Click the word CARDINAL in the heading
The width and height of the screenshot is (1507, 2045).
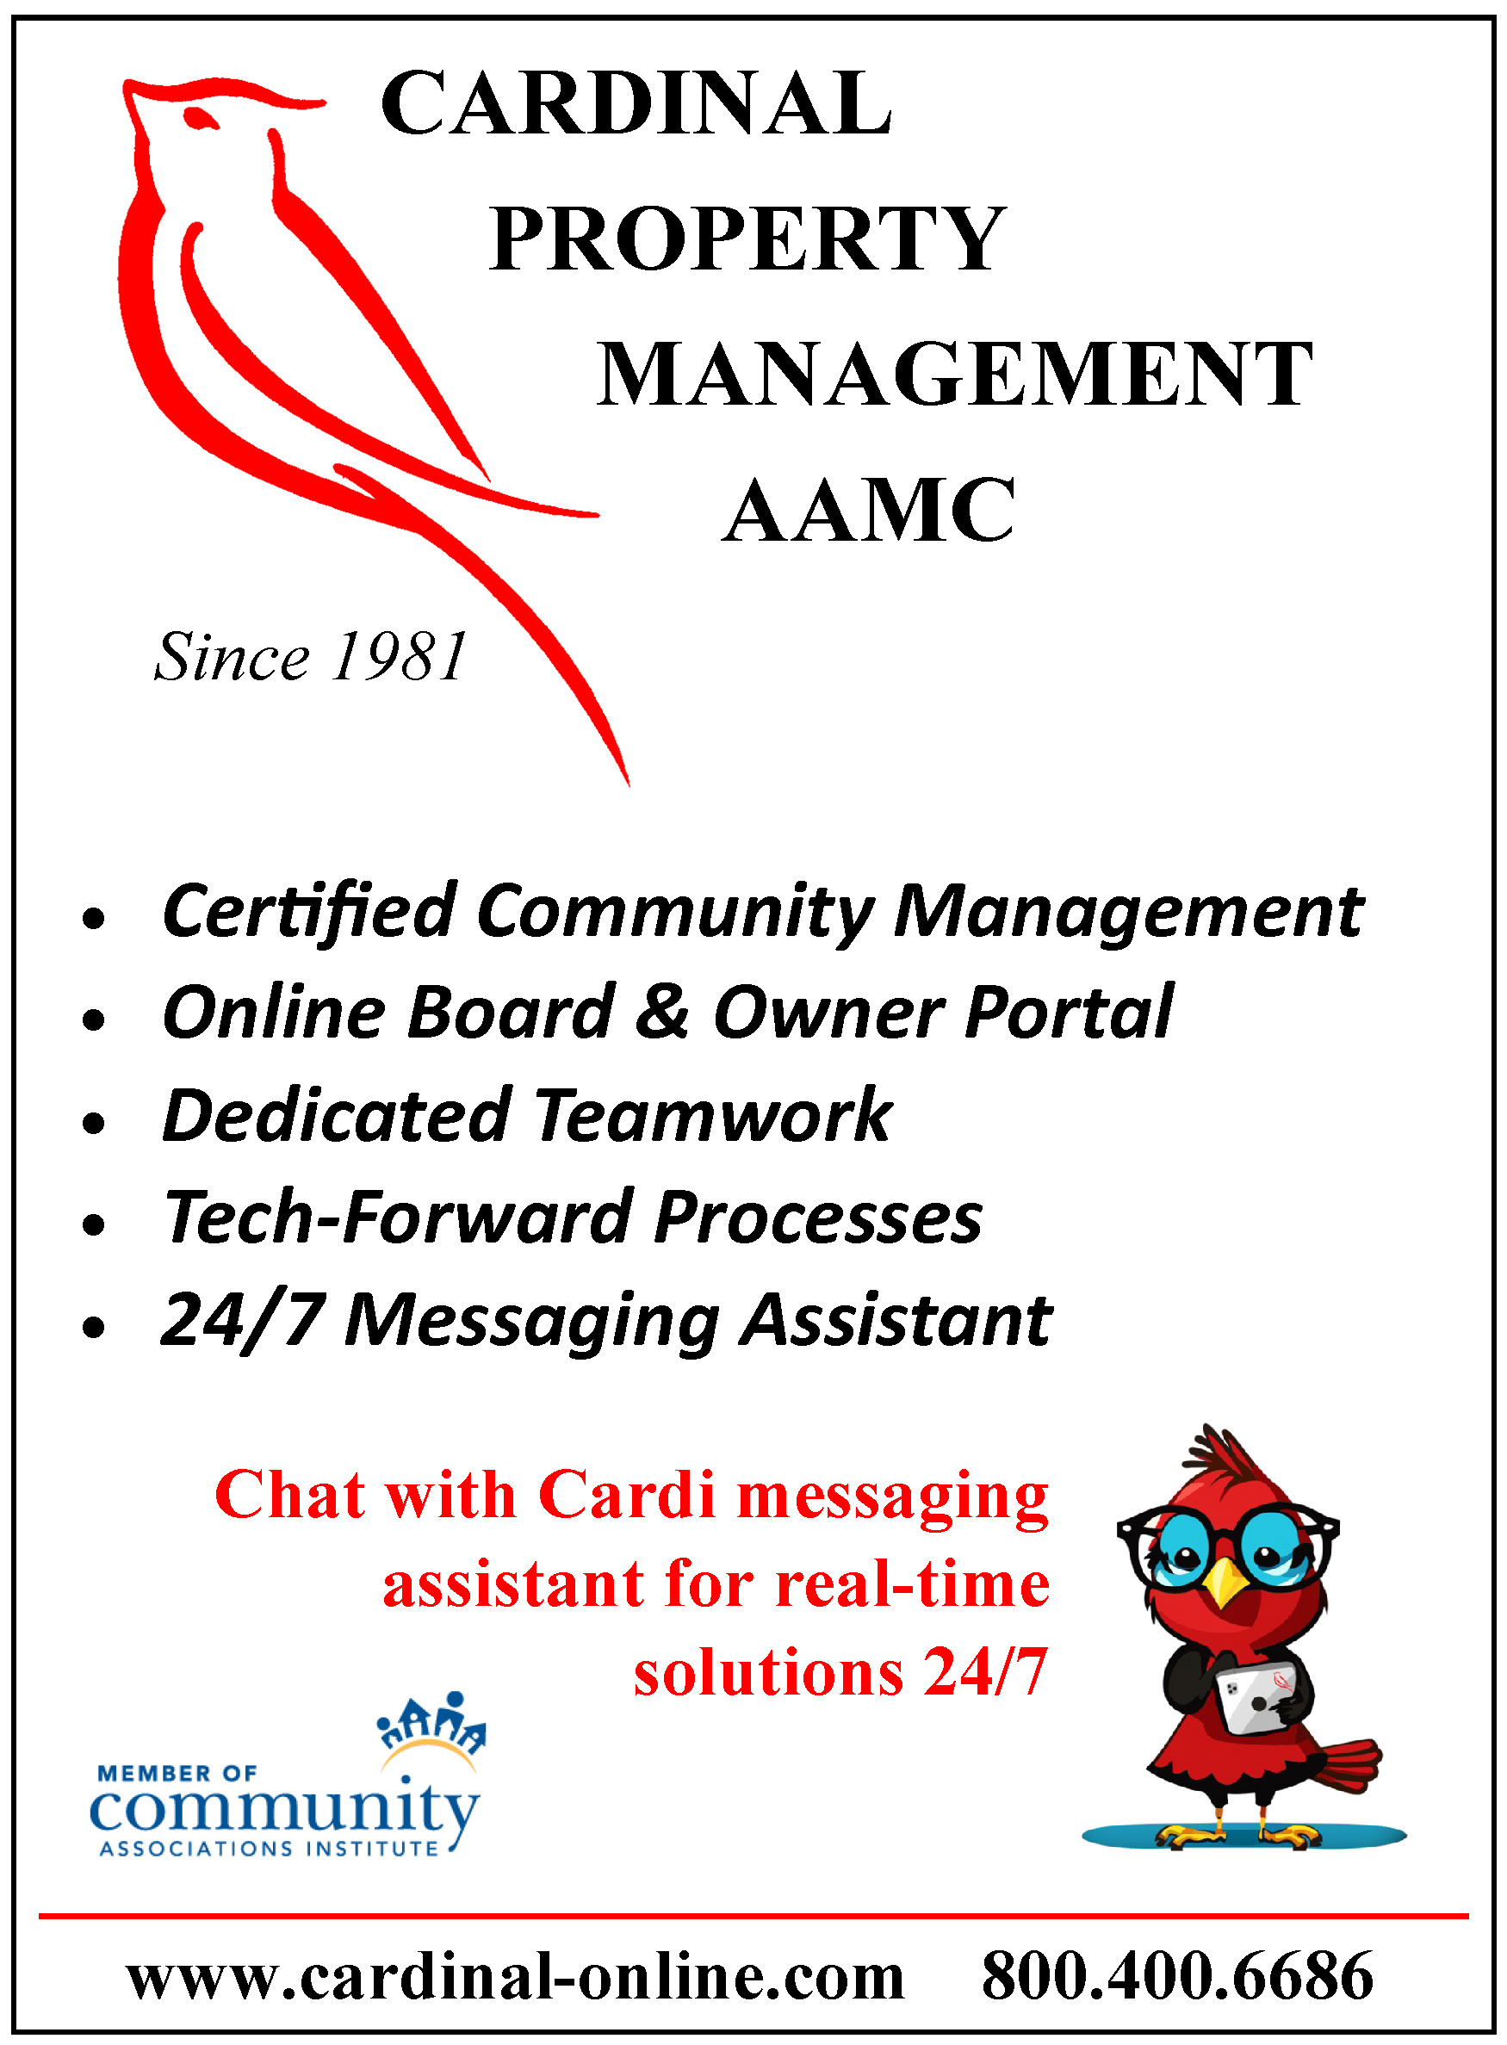tap(636, 103)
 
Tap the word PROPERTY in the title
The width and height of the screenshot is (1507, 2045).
tap(747, 239)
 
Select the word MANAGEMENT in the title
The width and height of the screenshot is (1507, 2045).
tap(954, 374)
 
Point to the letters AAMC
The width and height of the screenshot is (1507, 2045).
tap(868, 510)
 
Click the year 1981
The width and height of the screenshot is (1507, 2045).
tap(400, 657)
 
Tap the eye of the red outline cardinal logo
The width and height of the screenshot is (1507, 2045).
tap(200, 118)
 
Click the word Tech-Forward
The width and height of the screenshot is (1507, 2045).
tap(400, 1218)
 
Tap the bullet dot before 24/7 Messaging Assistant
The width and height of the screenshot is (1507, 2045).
tap(93, 1327)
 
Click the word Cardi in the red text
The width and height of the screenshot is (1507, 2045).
tap(627, 1496)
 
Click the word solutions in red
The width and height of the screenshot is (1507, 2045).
tap(769, 1673)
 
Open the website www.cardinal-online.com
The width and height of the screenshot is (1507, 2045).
tap(516, 1977)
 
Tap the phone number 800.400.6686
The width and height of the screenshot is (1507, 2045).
tap(1177, 1975)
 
